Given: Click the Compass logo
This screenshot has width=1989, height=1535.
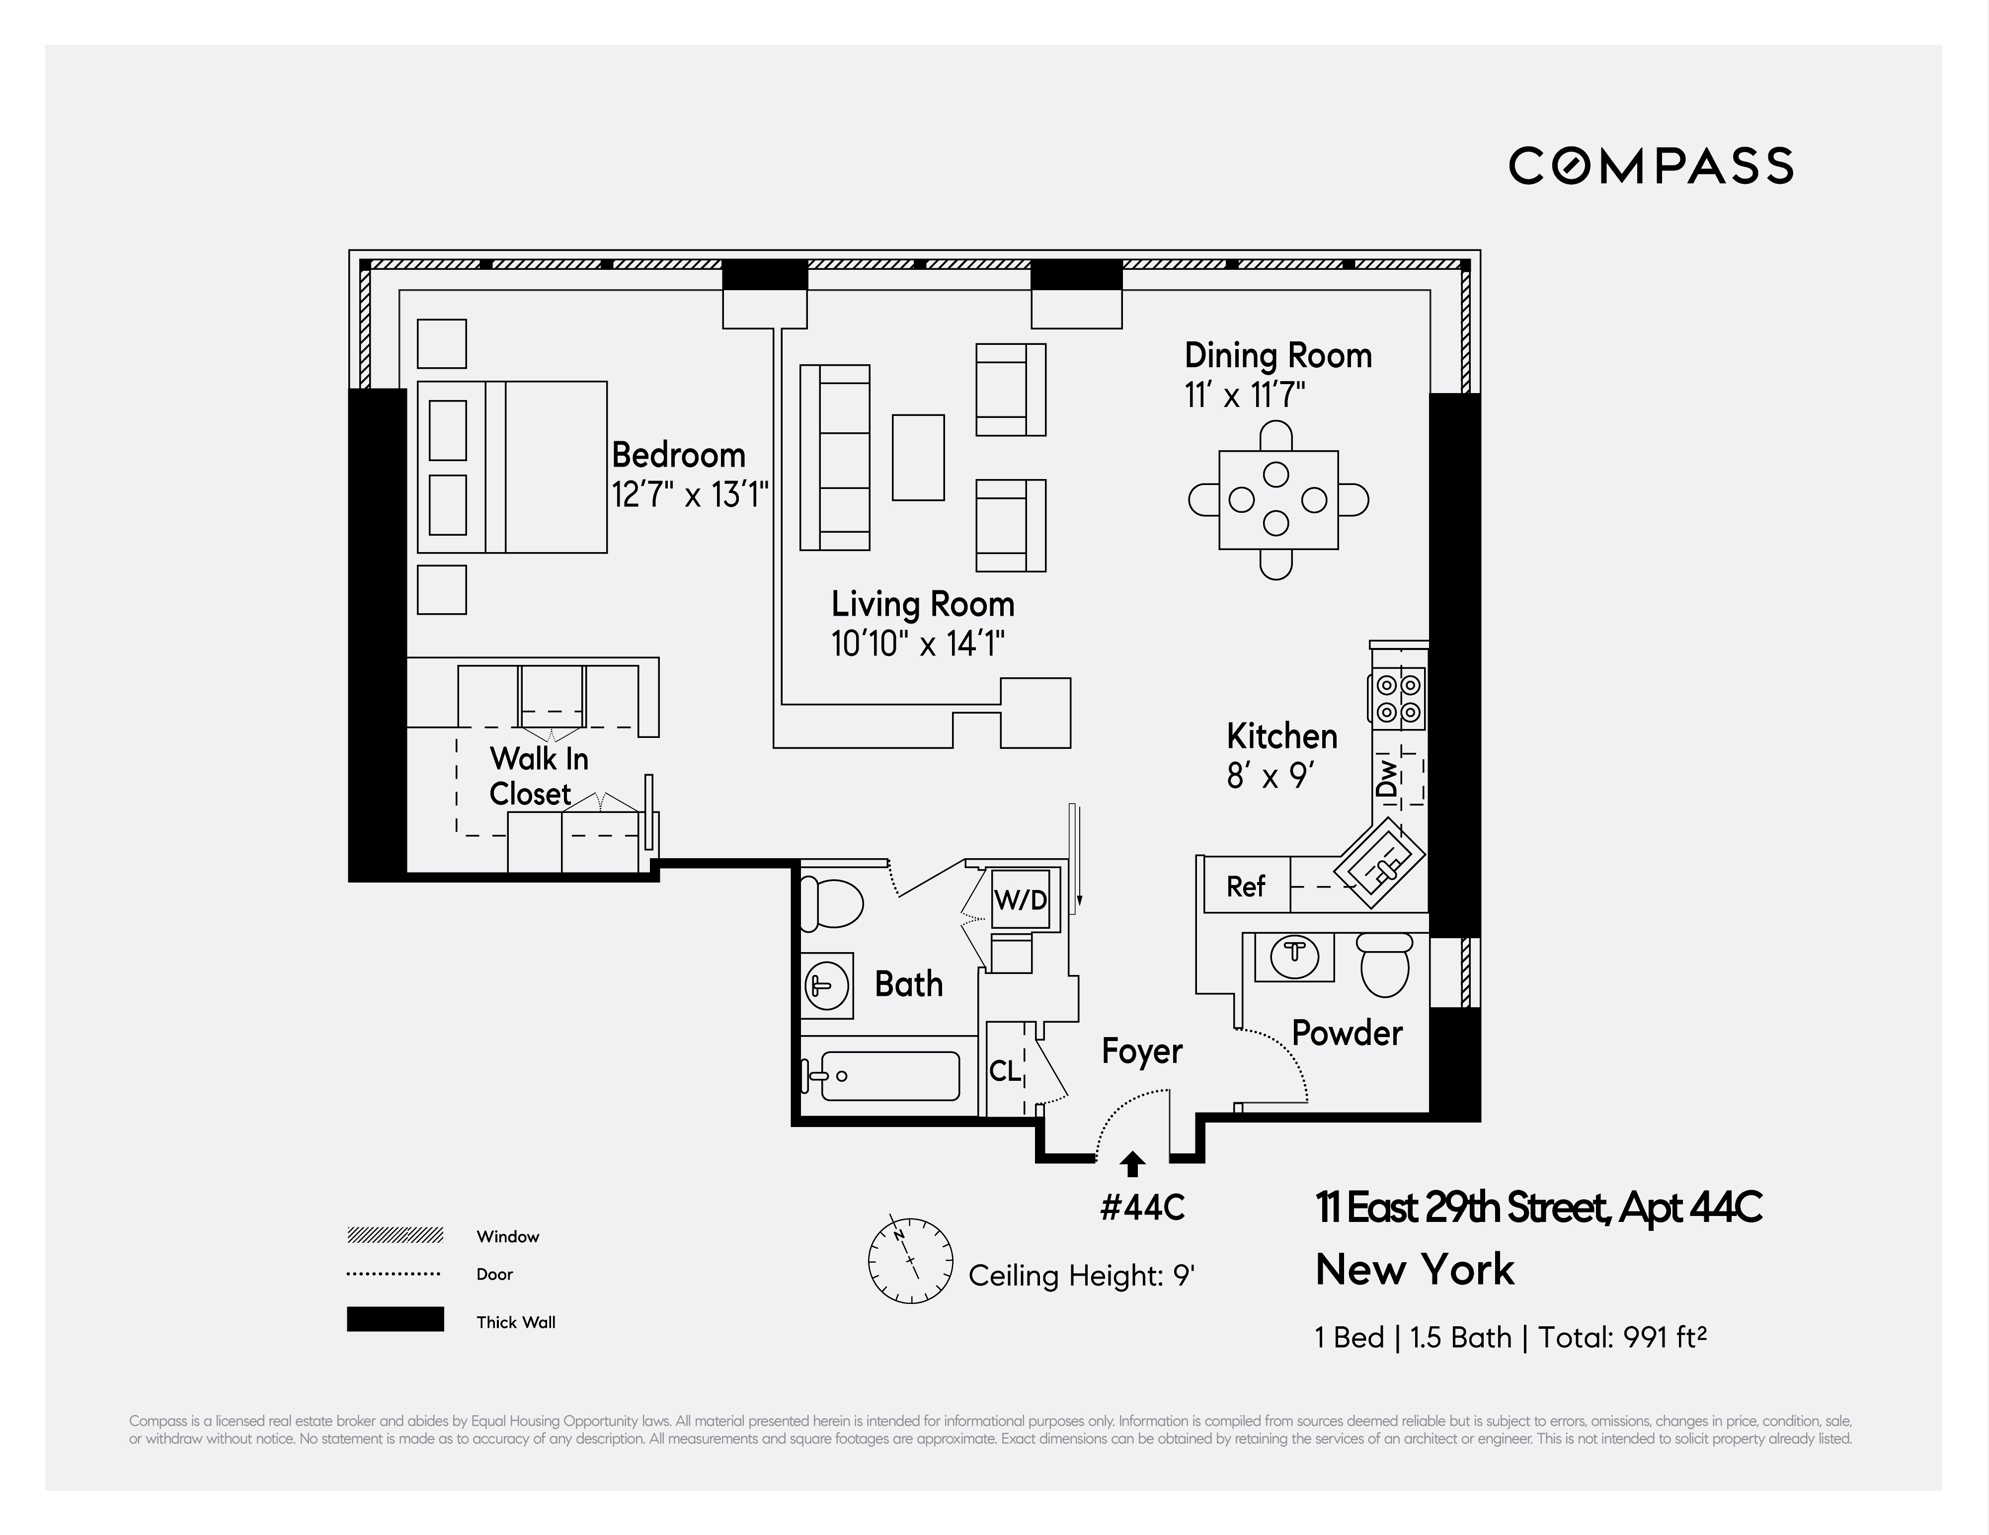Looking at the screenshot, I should (x=1650, y=166).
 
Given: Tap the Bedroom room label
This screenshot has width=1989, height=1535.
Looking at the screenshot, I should (x=678, y=455).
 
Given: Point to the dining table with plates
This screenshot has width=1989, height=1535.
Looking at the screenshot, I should (x=1278, y=499).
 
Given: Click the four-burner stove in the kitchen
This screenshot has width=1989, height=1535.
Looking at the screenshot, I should (x=1398, y=698).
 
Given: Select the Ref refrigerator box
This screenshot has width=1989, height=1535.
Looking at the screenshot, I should (x=1245, y=886).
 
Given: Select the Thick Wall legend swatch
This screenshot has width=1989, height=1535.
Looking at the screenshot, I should (x=395, y=1319).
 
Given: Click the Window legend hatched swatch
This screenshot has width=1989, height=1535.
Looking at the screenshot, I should (x=395, y=1235).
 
